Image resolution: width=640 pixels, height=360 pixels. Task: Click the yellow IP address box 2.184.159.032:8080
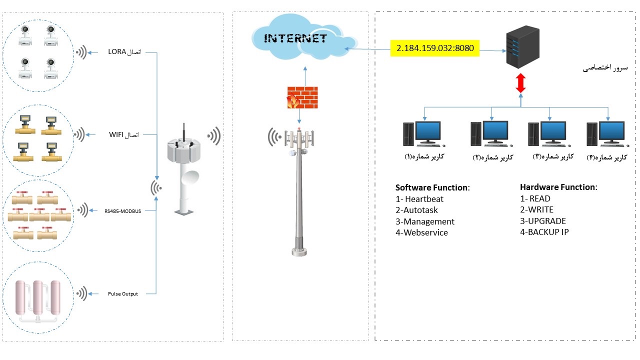(x=435, y=49)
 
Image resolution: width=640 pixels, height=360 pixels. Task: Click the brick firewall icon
(x=302, y=97)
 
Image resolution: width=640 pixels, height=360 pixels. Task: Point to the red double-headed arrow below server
(x=520, y=83)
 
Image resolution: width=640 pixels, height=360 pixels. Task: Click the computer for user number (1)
(x=422, y=133)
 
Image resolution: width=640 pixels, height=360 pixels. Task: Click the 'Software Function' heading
(x=432, y=188)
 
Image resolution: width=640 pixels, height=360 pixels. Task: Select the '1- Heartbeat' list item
(x=419, y=199)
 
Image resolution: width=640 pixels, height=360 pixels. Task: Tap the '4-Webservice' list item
(x=421, y=232)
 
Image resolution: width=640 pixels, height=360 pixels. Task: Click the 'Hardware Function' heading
(x=558, y=187)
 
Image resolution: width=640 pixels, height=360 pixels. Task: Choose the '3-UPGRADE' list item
(x=543, y=221)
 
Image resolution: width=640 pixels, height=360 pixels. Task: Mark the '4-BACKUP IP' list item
(x=544, y=232)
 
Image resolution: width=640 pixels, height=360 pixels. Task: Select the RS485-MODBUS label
(x=122, y=211)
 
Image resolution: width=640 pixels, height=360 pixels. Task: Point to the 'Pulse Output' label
(x=123, y=293)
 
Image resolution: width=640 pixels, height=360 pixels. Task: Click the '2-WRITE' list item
(x=537, y=210)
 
